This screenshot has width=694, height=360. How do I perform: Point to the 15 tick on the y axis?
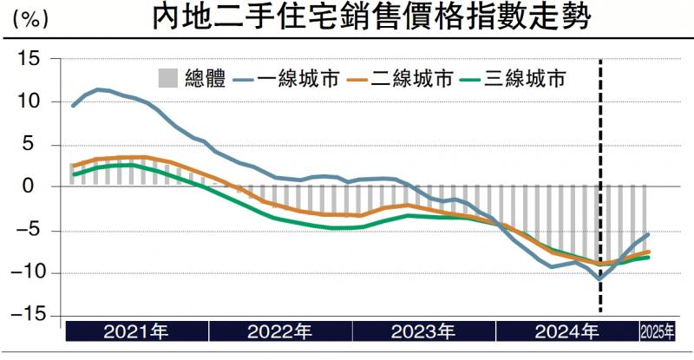tap(32, 59)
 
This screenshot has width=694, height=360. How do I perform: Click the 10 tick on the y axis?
tap(32, 101)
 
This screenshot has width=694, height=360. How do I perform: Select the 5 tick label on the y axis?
tap(37, 144)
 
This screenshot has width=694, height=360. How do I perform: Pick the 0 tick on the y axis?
tap(37, 187)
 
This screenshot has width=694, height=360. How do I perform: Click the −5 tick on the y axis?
tap(32, 230)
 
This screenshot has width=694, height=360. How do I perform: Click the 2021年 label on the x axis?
tap(136, 332)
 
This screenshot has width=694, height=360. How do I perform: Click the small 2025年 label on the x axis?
tap(656, 332)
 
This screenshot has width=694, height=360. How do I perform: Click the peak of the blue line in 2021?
tap(98, 88)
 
